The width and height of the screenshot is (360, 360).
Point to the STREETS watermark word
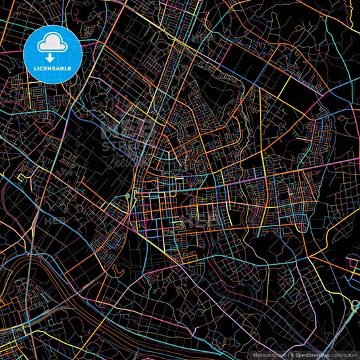(x=126, y=147)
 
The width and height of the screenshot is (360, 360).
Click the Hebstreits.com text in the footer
(x=269, y=354)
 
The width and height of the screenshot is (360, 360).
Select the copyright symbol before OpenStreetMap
(x=292, y=354)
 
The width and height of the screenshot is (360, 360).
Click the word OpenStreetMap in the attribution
(x=311, y=354)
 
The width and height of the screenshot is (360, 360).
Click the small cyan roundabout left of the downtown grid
(x=128, y=197)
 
